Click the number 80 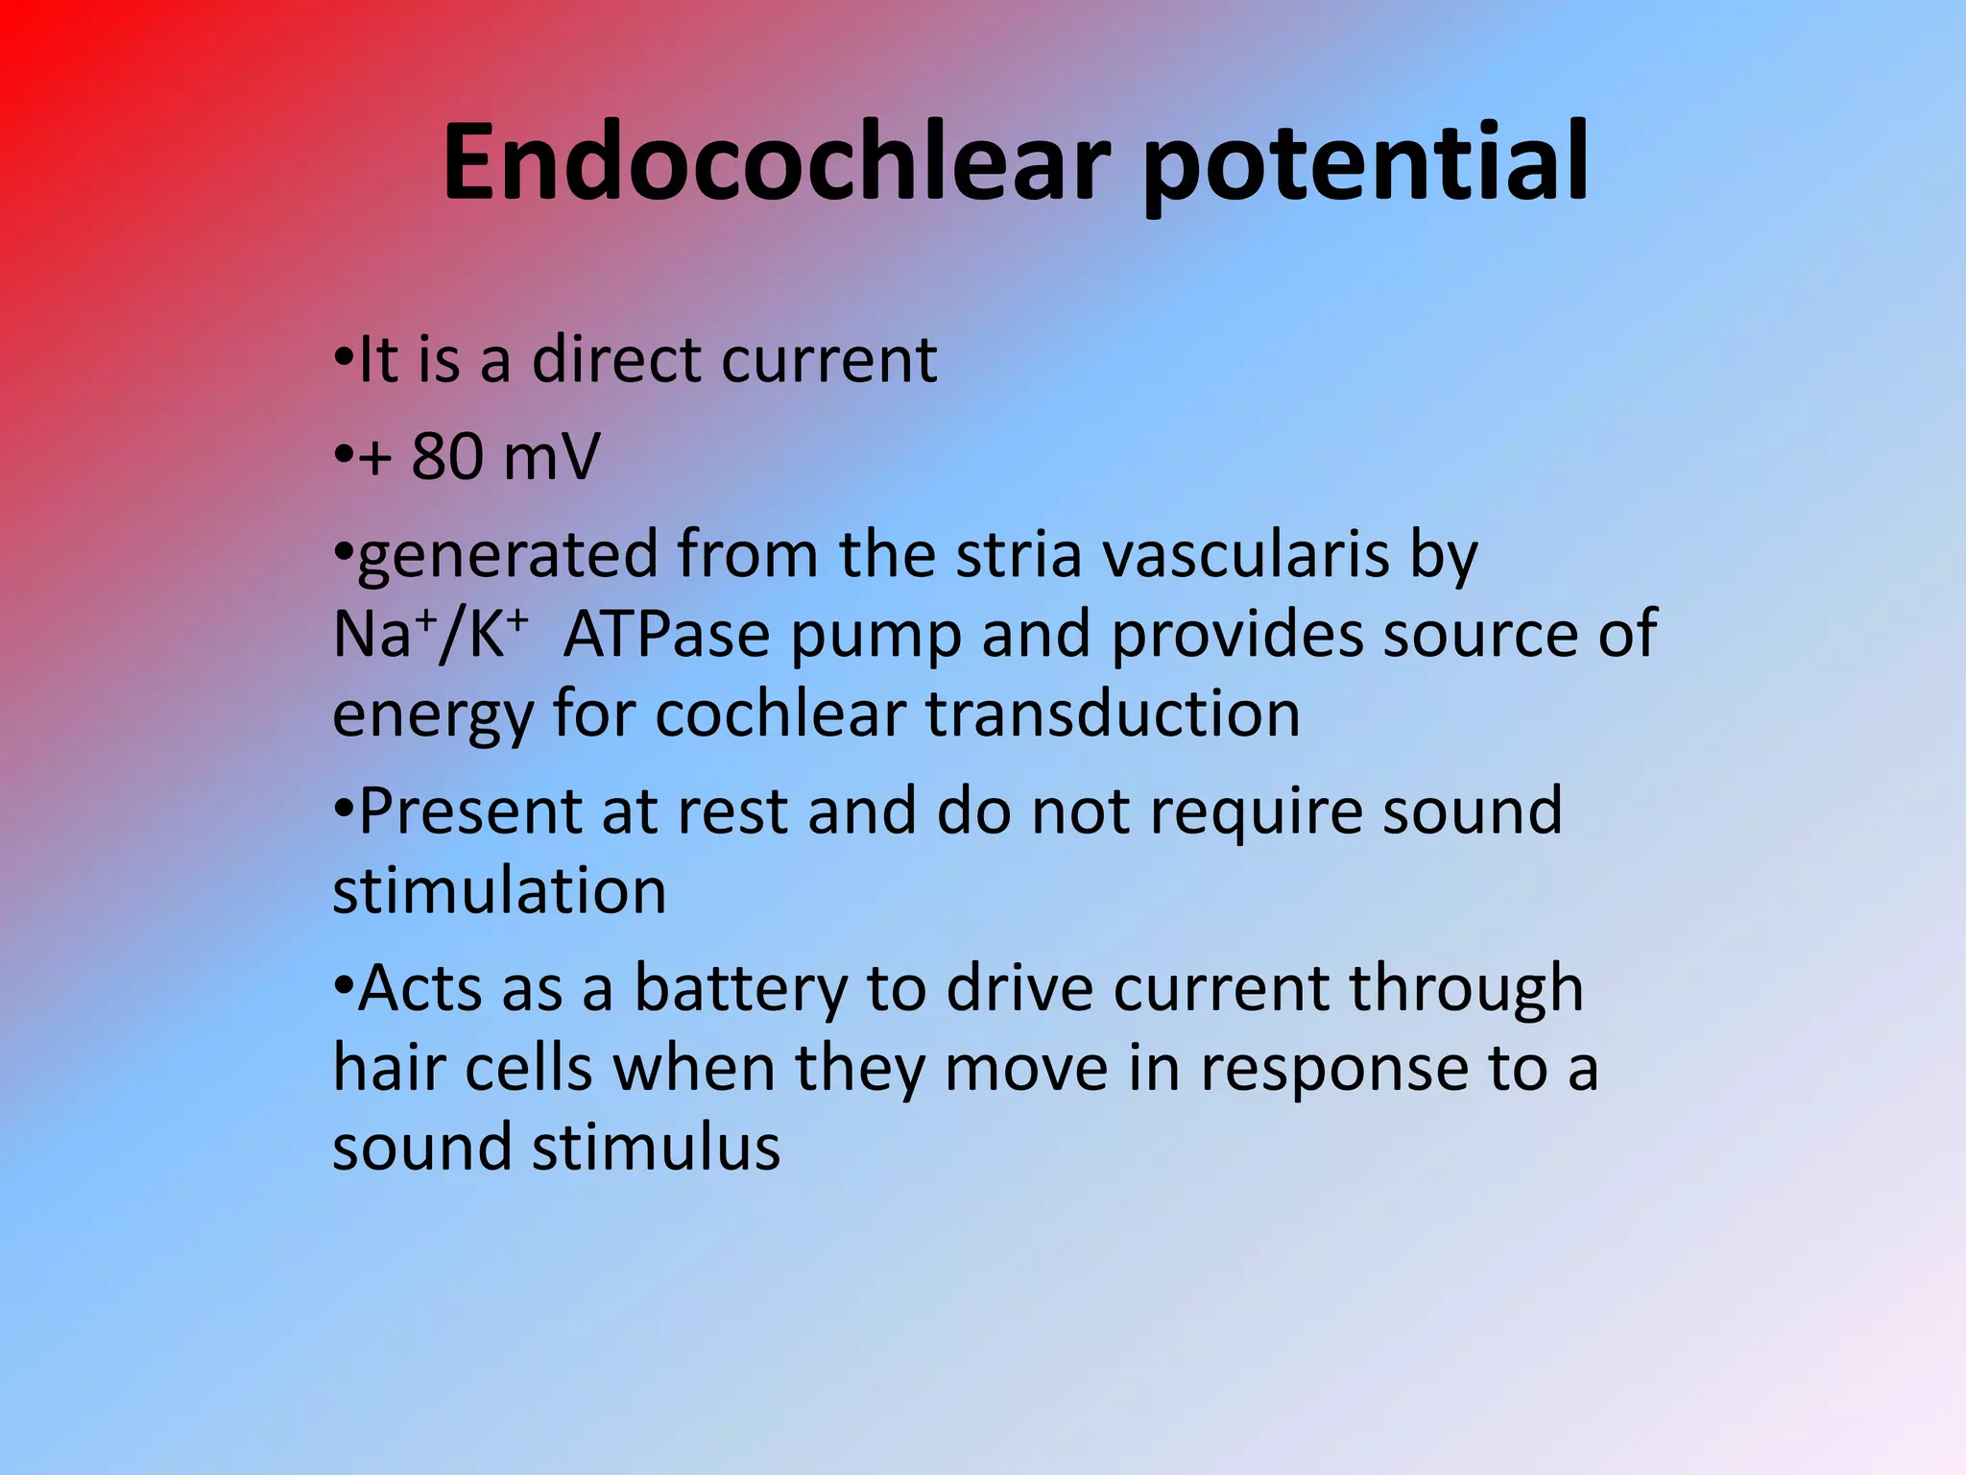coord(446,456)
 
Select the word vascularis coord(1244,555)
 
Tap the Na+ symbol coord(380,634)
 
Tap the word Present coord(470,811)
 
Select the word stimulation coord(499,891)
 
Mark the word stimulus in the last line coord(657,1148)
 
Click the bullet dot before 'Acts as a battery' coord(344,985)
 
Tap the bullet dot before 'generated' coord(344,551)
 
